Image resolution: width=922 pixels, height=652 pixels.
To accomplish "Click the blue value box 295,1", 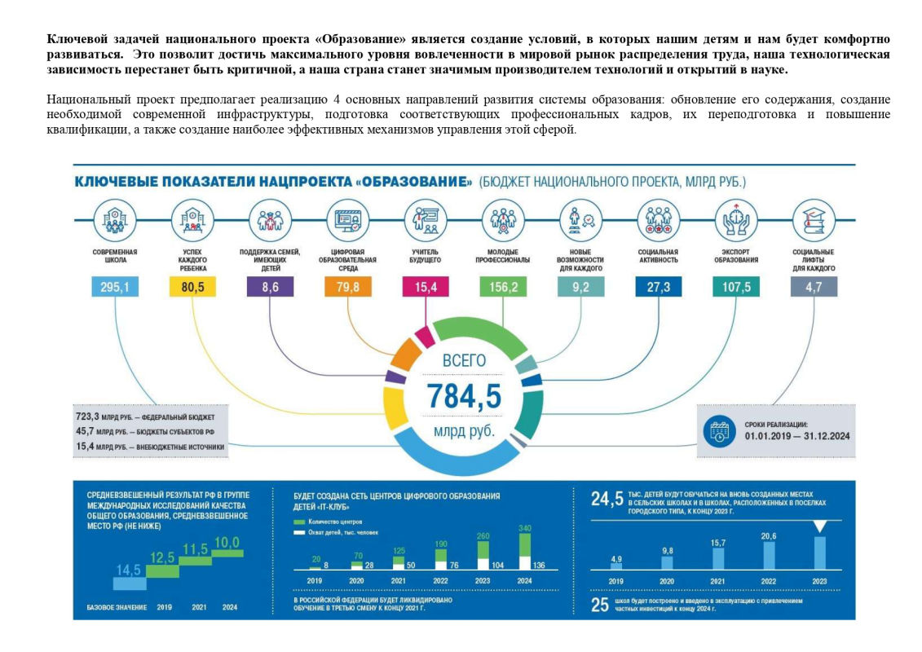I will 115,287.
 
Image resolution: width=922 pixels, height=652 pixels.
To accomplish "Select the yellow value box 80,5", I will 192,287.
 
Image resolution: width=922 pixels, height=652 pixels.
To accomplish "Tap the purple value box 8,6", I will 270,287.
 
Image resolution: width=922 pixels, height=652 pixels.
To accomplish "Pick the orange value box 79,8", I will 348,287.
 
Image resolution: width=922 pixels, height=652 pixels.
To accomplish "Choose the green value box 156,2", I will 503,287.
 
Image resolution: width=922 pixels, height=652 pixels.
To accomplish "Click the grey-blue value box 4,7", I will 813,287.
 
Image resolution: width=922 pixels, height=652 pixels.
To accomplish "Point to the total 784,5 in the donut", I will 464,395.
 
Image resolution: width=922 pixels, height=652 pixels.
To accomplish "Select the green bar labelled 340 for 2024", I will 524,544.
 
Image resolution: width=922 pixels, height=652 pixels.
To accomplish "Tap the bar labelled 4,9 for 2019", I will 616,565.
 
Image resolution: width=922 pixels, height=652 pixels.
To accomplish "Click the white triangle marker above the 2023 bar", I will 820,526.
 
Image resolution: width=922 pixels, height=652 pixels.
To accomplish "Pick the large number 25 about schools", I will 601,606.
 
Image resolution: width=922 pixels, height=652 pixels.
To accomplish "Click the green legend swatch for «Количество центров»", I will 299,521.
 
